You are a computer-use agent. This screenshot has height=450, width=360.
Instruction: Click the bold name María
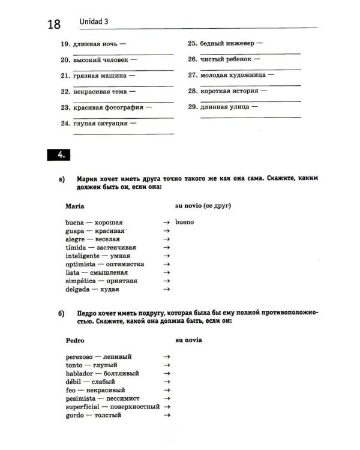click(75, 206)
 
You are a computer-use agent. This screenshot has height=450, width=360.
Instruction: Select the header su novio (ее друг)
click(203, 206)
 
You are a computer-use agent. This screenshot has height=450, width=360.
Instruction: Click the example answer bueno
click(185, 223)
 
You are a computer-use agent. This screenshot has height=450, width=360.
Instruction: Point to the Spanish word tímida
click(76, 247)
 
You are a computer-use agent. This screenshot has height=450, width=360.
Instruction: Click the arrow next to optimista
click(166, 264)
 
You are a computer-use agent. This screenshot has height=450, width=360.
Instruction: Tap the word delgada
click(78, 289)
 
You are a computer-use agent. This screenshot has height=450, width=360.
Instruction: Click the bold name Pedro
click(75, 340)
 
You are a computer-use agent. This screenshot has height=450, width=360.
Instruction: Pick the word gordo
click(75, 415)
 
